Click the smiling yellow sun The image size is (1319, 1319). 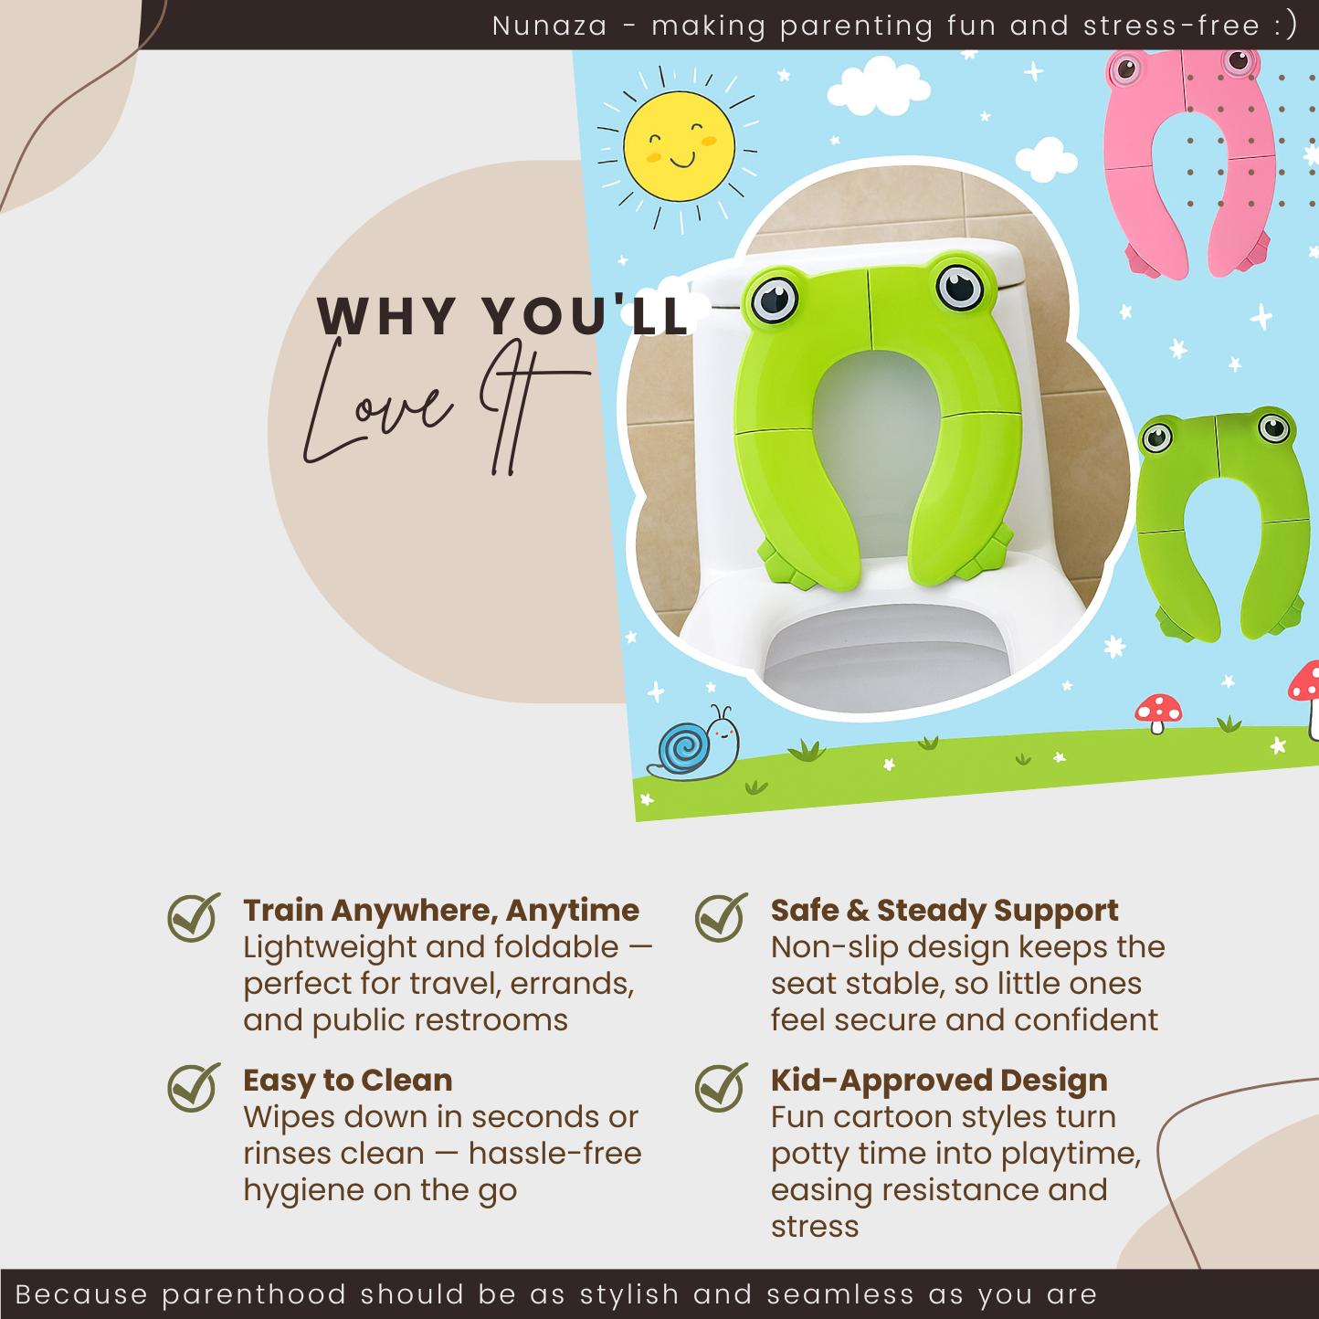click(x=679, y=147)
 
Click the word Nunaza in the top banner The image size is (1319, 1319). click(x=549, y=26)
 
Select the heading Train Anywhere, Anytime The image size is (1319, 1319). click(x=440, y=910)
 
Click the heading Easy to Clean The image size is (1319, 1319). click(x=347, y=1080)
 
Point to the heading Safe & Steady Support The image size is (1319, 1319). click(x=944, y=910)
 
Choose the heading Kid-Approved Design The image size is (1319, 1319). click(x=938, y=1080)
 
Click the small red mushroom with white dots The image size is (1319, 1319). click(x=1158, y=711)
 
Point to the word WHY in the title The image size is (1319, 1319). click(x=386, y=316)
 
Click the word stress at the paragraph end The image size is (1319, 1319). click(x=815, y=1226)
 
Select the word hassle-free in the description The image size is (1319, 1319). click(x=554, y=1153)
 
